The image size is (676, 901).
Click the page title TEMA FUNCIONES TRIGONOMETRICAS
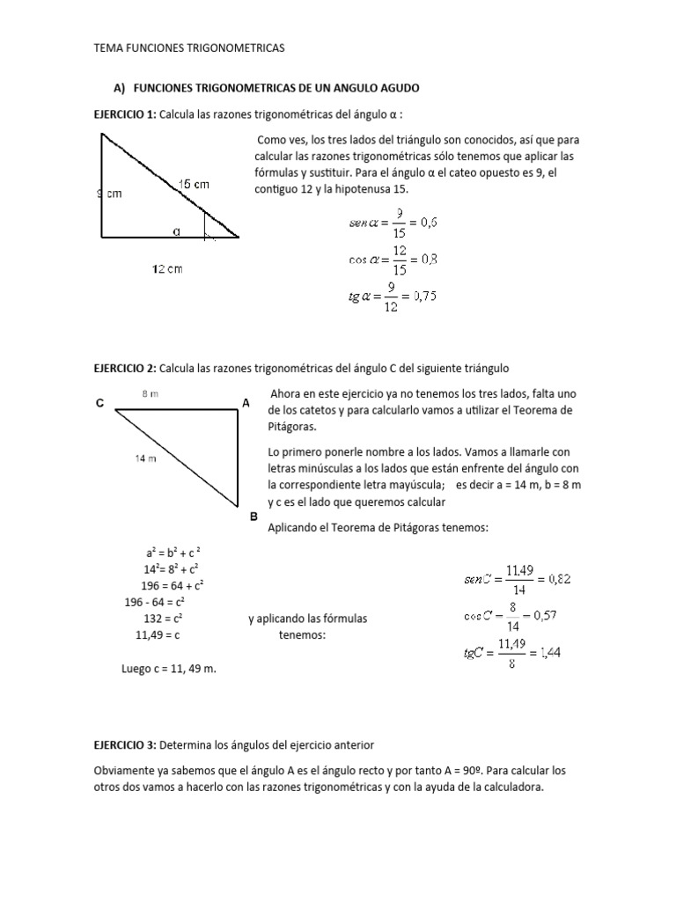pyautogui.click(x=189, y=48)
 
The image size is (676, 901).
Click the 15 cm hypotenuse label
pyautogui.click(x=194, y=184)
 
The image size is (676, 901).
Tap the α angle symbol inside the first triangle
pyautogui.click(x=176, y=231)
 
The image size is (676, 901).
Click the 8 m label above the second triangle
pyautogui.click(x=150, y=394)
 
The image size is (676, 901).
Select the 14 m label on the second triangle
pyautogui.click(x=146, y=458)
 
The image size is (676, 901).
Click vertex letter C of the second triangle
pyautogui.click(x=100, y=404)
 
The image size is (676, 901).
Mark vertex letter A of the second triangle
pyautogui.click(x=246, y=404)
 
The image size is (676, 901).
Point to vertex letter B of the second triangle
pyautogui.click(x=253, y=517)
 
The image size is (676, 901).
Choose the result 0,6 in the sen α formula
pyautogui.click(x=425, y=223)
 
